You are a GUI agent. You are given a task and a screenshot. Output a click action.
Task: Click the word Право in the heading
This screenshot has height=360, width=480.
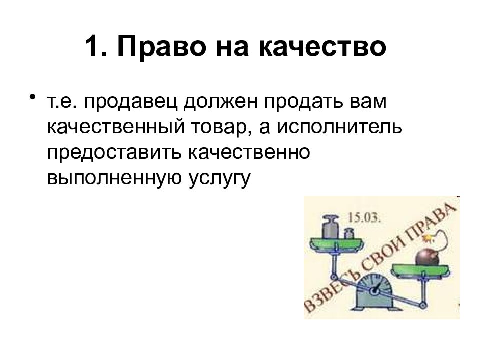[x=162, y=47]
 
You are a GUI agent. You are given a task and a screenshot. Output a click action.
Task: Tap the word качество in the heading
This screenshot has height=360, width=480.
[x=322, y=48]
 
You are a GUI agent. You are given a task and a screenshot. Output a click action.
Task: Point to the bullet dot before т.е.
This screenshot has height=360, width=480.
[x=33, y=97]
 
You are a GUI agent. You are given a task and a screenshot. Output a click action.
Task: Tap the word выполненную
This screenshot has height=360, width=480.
[x=114, y=178]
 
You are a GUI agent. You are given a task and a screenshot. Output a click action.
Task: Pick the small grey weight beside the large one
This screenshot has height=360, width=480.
[x=348, y=233]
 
